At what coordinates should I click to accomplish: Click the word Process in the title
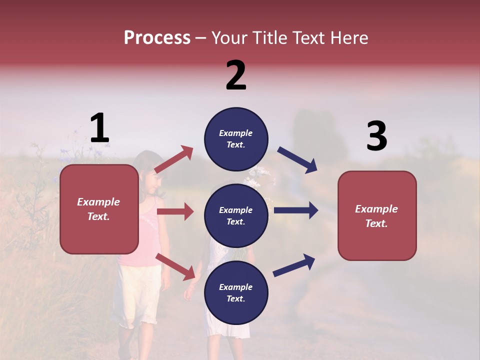[x=157, y=38]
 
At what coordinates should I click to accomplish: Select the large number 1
[x=99, y=128]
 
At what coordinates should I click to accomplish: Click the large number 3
[x=376, y=136]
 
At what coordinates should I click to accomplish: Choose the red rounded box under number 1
[x=99, y=209]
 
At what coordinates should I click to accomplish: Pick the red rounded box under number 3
[x=377, y=215]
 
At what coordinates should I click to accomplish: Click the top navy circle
[x=236, y=139]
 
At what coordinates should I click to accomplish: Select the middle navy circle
[x=236, y=215]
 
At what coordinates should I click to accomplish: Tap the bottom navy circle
[x=236, y=292]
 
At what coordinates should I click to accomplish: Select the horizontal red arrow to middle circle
[x=175, y=211]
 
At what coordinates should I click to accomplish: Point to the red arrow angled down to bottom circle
[x=175, y=266]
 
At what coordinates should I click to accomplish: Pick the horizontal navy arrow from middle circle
[x=296, y=210]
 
